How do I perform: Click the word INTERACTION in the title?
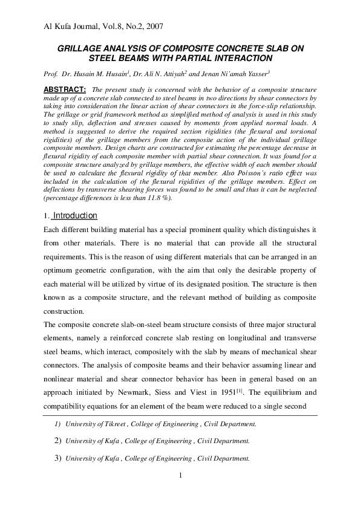[x=238, y=59]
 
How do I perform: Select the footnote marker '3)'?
[x=59, y=458]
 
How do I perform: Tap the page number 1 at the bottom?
[x=180, y=478]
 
